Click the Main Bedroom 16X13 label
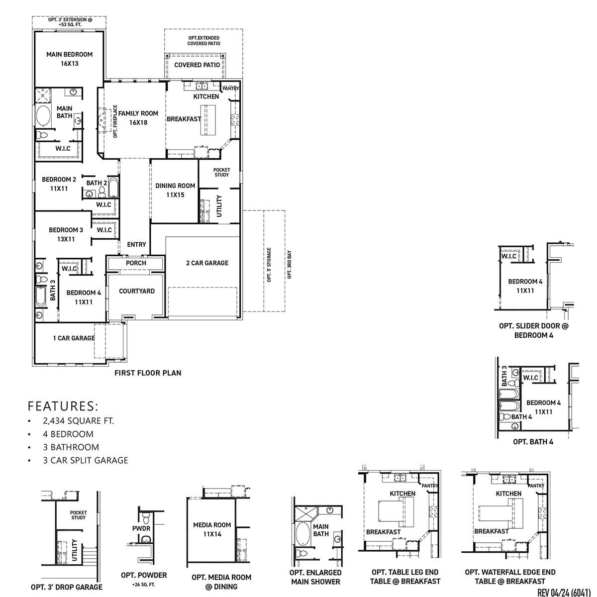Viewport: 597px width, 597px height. [69, 59]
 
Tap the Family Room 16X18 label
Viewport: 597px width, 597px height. [138, 117]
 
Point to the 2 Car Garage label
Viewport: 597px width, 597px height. [207, 263]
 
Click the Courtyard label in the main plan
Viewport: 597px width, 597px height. [136, 291]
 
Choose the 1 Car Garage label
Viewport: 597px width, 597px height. [74, 338]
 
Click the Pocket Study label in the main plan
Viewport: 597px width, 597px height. [221, 172]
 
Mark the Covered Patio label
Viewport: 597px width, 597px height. [197, 65]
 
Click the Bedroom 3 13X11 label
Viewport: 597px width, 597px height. [66, 234]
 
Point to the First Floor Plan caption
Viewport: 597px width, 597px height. [148, 373]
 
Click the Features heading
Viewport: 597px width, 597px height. [63, 405]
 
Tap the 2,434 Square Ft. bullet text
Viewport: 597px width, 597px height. [78, 421]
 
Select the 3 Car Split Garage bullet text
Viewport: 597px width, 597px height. [85, 461]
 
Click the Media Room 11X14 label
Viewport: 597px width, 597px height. [212, 529]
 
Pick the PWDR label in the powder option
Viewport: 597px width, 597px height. [141, 528]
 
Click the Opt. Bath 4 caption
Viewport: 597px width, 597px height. [533, 441]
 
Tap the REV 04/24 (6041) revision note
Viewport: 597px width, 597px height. [564, 592]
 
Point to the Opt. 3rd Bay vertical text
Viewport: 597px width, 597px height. [289, 264]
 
